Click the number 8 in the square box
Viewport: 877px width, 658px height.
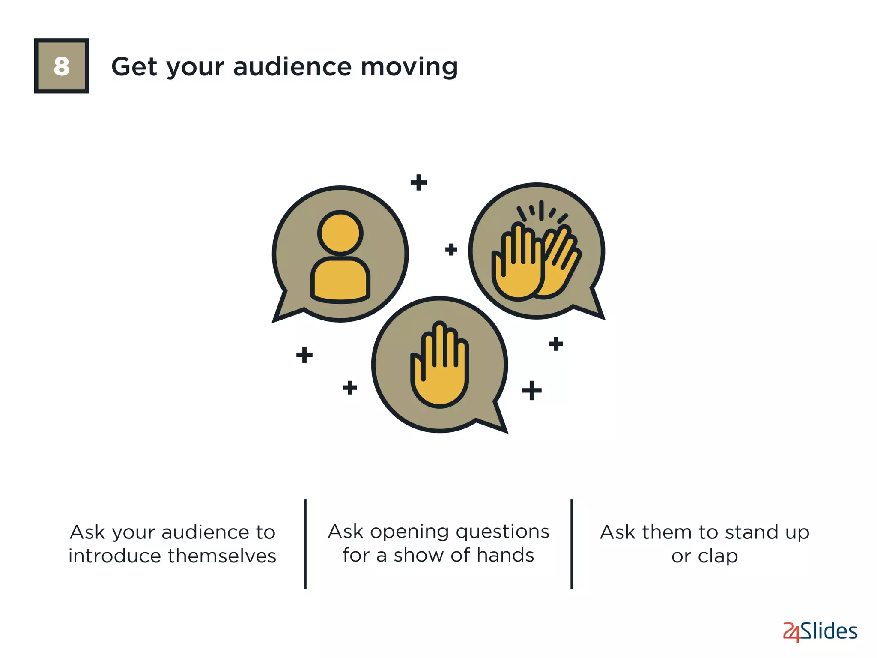pos(62,66)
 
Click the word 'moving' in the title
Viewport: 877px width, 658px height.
pos(409,67)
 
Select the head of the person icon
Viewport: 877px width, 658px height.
pos(340,233)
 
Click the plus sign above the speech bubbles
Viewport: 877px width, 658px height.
pos(418,182)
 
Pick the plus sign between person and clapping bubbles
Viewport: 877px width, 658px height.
pos(451,249)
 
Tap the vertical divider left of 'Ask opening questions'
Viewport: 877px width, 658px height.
pos(305,544)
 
